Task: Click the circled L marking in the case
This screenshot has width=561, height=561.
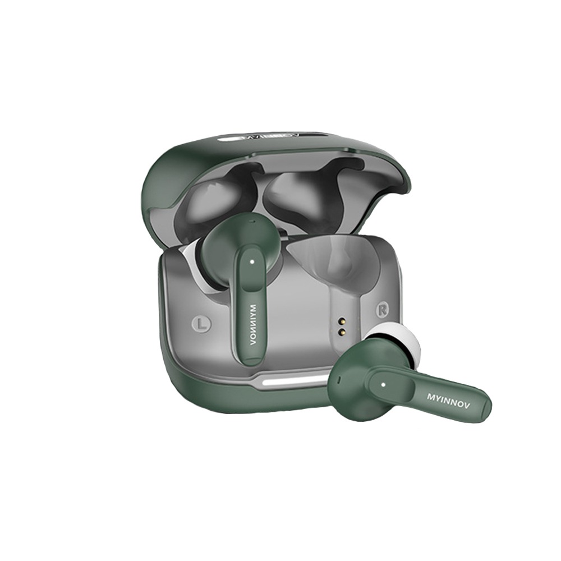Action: (x=202, y=323)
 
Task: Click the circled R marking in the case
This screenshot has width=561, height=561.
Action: (x=382, y=310)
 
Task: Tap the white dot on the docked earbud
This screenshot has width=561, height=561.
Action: (x=252, y=262)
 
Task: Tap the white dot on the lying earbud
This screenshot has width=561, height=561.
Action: (x=384, y=385)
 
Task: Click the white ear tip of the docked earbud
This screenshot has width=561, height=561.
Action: (x=195, y=265)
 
